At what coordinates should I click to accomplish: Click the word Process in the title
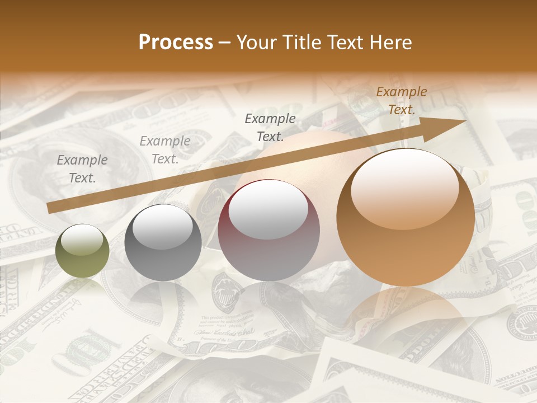[x=176, y=43]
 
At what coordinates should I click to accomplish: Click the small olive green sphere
[x=82, y=251]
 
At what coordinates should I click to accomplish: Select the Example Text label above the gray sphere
[x=165, y=150]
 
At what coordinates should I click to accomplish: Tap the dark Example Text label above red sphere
[x=270, y=127]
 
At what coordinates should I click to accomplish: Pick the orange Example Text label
[x=401, y=101]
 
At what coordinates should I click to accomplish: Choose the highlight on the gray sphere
[x=163, y=227]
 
